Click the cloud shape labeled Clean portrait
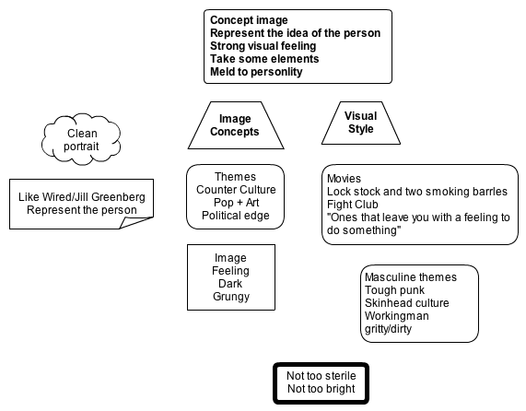81,139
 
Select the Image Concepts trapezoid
236,125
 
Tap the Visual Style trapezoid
361,123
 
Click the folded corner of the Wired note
134,222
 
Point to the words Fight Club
353,205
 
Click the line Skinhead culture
406,303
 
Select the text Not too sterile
321,376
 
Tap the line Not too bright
321,389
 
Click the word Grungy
231,297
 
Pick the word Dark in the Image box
230,284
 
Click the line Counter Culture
236,190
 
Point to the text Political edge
236,216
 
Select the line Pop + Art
236,203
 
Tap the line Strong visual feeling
263,46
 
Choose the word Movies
344,179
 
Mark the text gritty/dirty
388,329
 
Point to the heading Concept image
249,20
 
